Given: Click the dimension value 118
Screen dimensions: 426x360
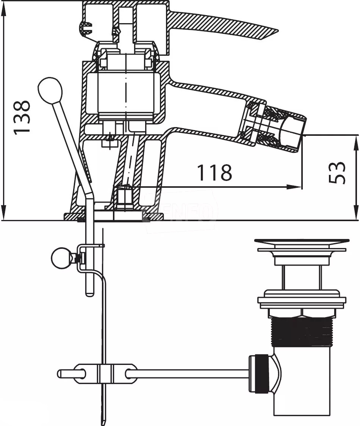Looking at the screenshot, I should pos(214,173).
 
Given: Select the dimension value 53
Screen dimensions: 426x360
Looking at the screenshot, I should pos(337,173).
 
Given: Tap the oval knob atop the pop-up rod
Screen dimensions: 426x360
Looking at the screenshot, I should pos(50,90).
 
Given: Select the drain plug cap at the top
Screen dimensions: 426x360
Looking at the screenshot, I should pos(302,241).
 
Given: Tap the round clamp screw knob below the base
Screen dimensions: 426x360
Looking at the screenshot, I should pos(61,257).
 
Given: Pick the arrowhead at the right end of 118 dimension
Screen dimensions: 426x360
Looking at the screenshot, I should pos(297,187).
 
